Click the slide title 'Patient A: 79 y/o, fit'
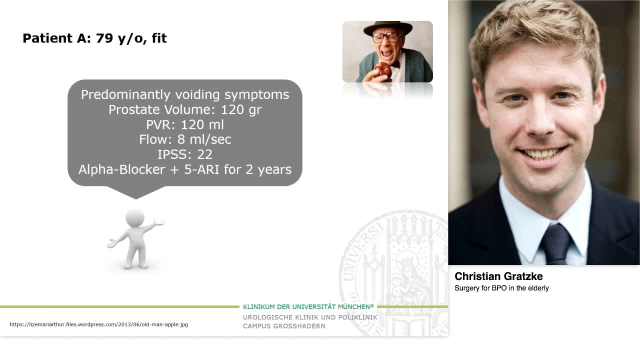pos(94,38)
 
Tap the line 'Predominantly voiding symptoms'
pos(185,94)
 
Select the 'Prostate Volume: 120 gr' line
pos(185,109)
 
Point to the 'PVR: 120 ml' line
pos(185,124)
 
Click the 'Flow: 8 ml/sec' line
pos(185,139)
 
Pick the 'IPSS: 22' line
pos(185,154)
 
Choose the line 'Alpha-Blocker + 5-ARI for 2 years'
pos(185,169)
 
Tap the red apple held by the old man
pos(382,70)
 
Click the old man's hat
pos(387,27)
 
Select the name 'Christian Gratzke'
pos(498,276)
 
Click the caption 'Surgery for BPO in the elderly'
pos(501,288)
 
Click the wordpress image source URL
pos(99,324)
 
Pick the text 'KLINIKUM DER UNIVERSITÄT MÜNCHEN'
pos(308,306)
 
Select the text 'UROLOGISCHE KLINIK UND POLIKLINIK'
pos(310,317)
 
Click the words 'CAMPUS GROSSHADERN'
pos(284,326)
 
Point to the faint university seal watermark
pos(395,260)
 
